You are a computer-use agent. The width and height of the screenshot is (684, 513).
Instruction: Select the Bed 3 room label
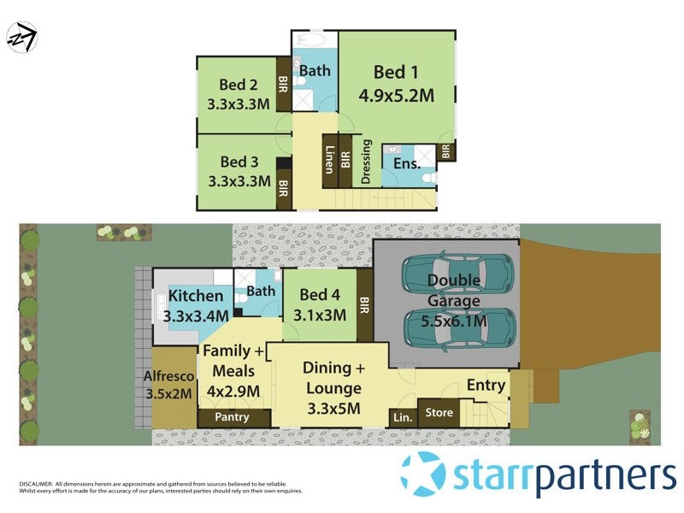(x=239, y=161)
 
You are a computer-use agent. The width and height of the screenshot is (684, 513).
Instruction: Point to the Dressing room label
(x=367, y=162)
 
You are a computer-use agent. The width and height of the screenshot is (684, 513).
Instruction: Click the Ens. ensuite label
(x=407, y=164)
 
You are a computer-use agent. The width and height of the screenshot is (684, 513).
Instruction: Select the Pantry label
(x=233, y=417)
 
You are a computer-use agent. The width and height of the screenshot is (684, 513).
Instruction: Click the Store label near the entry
(x=439, y=413)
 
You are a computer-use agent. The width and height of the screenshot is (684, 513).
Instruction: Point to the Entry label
(x=486, y=386)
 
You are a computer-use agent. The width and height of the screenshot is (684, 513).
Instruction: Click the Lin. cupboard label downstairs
(x=401, y=417)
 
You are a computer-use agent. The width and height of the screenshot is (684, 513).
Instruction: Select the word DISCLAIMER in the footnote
(x=36, y=484)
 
